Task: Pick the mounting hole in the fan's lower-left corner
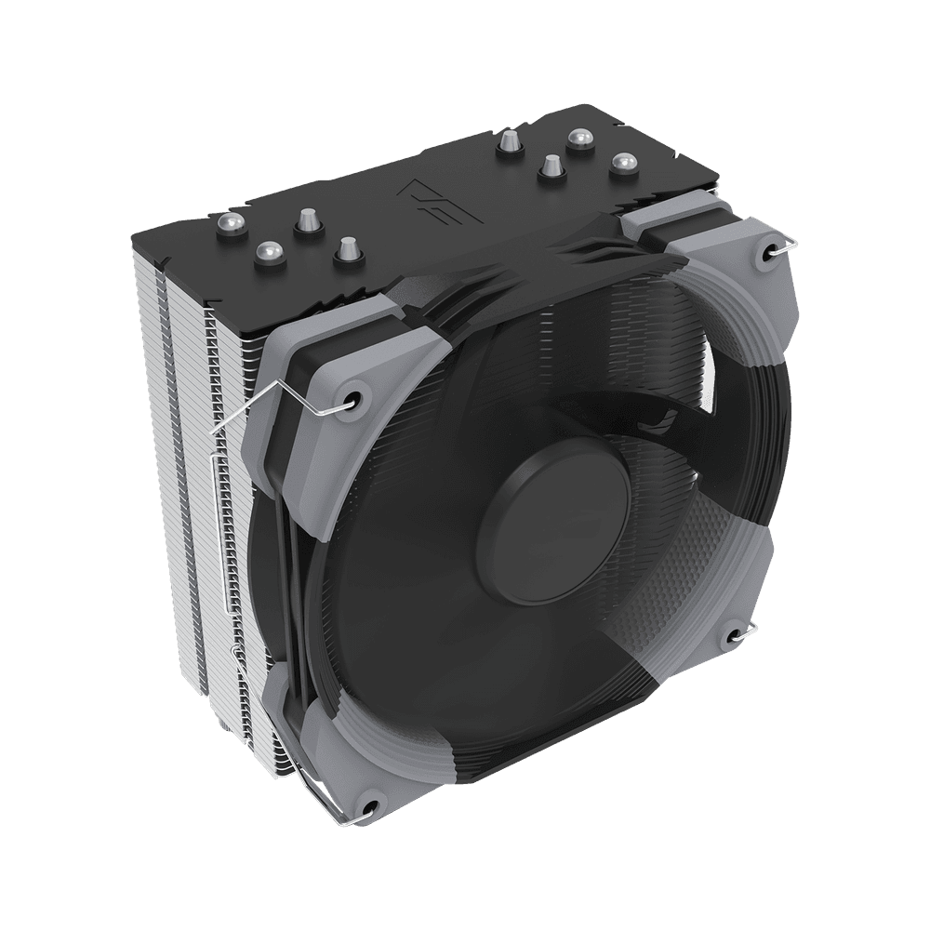(370, 806)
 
